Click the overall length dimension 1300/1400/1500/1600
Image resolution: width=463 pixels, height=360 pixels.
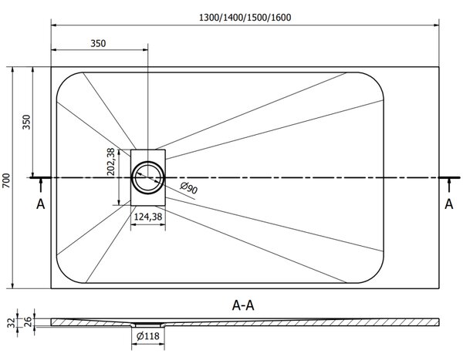[x=245, y=18]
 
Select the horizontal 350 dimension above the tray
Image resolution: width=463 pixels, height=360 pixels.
[x=98, y=44]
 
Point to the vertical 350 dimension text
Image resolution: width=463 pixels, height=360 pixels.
[x=26, y=122]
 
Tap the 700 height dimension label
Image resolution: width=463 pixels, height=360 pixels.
[x=6, y=180]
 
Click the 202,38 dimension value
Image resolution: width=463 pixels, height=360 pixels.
[x=110, y=162]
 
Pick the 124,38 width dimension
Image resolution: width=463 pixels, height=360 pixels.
[x=148, y=217]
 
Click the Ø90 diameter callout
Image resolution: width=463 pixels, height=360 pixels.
[x=189, y=188]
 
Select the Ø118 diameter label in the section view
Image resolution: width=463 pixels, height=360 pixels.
[x=148, y=336]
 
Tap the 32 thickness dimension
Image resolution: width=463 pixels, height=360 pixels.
[x=12, y=323]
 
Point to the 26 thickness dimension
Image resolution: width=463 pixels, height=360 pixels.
[x=27, y=321]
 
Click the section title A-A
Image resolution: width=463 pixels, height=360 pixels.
[x=243, y=305]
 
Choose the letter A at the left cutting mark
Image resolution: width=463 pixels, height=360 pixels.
[x=40, y=204]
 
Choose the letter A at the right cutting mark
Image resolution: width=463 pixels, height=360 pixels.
[x=449, y=204]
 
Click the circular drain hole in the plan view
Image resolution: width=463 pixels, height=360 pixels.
[x=147, y=177]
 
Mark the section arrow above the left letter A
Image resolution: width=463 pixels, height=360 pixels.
[x=41, y=185]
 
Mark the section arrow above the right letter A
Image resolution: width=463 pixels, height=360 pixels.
[x=449, y=185]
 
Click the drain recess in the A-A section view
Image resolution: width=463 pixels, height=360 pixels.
[x=148, y=325]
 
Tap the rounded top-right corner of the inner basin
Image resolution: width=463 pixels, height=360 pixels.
[x=374, y=79]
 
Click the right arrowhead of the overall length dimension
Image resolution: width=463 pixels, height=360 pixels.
[x=436, y=25]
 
